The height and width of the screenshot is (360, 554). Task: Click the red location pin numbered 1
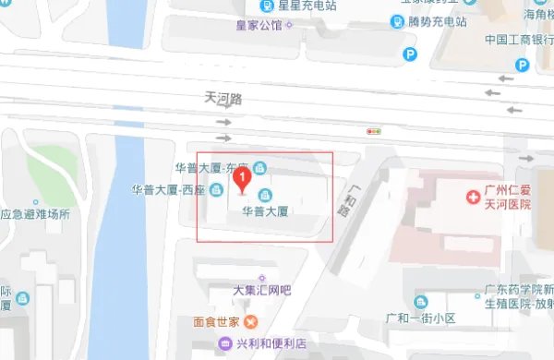click(242, 178)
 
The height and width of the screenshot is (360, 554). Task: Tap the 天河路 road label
click(222, 96)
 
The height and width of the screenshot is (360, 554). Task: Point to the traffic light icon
click(374, 132)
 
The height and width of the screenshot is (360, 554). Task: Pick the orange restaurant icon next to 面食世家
click(250, 322)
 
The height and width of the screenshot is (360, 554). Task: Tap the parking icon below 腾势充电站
click(408, 55)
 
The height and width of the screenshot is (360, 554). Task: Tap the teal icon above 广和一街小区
click(421, 301)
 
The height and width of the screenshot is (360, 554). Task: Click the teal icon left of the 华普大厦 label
click(265, 194)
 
